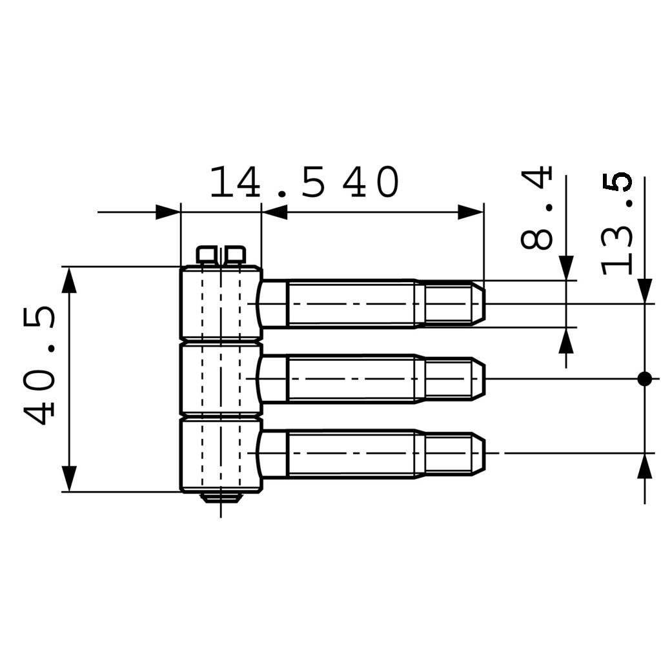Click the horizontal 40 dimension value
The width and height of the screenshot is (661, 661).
(371, 183)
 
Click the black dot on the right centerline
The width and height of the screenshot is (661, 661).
(644, 378)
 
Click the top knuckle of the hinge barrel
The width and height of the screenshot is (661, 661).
(220, 302)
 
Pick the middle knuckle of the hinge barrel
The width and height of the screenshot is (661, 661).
(220, 379)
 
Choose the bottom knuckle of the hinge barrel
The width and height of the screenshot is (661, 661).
(220, 455)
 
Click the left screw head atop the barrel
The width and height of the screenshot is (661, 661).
(207, 255)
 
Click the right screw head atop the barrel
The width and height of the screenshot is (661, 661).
(234, 255)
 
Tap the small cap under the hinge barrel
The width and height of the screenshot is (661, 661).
(221, 497)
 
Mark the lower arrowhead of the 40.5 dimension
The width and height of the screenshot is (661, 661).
(69, 478)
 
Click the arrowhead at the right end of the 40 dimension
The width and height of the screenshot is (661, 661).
(471, 212)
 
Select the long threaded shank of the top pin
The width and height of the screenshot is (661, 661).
(352, 303)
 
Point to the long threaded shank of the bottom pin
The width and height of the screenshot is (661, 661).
(352, 454)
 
